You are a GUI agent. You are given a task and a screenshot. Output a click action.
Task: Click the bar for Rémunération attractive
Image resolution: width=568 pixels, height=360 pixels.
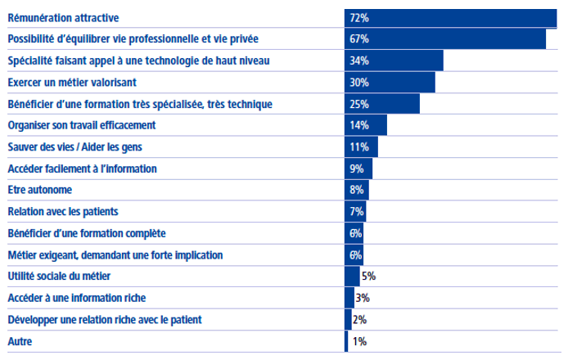coord(450,17)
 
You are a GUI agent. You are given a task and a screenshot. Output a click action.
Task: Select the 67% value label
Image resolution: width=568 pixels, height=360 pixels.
coord(359,39)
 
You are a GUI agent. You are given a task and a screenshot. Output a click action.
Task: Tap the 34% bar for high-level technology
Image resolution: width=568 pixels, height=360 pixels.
coord(394,61)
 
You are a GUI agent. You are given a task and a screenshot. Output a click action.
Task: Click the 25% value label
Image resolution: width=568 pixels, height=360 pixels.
coord(359,105)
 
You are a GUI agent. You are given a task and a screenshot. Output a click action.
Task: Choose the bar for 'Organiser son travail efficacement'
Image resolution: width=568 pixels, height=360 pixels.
coord(366,126)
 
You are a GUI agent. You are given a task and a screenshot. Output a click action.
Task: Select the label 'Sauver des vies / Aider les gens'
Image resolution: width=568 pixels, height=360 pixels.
coord(79,147)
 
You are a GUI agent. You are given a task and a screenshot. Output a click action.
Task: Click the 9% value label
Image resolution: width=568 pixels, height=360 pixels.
coord(357,169)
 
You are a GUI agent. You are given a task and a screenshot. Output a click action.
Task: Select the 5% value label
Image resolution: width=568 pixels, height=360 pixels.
coord(368,277)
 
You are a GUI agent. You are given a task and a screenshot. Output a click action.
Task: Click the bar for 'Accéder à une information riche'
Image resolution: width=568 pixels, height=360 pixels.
coord(349,298)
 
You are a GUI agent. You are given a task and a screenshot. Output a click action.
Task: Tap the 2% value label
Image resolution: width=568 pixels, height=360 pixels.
coord(360,320)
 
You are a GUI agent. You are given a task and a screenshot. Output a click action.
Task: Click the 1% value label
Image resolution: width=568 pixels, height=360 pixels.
coord(358,341)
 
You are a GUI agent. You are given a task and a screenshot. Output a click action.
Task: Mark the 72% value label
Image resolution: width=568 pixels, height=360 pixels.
coord(359,17)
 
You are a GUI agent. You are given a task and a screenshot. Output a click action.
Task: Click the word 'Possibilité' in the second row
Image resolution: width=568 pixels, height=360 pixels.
coord(33,39)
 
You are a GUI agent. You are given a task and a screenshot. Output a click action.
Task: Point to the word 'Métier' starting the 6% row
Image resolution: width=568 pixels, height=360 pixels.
coord(22,255)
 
